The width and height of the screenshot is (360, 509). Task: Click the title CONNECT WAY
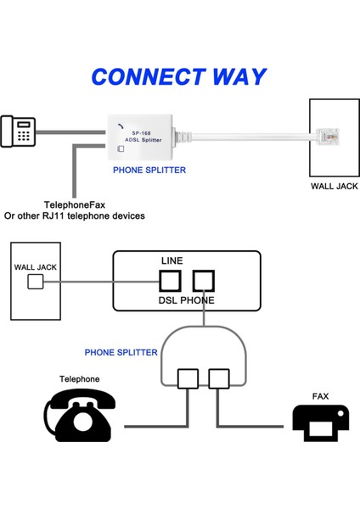(x=178, y=76)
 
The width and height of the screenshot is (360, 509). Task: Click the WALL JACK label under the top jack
(x=334, y=186)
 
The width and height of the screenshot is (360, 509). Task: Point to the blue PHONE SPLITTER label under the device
(x=149, y=171)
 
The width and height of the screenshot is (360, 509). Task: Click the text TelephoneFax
(x=75, y=204)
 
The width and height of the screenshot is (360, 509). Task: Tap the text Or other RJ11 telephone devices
(x=75, y=216)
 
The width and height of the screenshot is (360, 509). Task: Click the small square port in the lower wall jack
(x=36, y=282)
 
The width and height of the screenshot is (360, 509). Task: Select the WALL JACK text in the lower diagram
(x=36, y=267)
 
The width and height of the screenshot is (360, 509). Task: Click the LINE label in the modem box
(x=172, y=260)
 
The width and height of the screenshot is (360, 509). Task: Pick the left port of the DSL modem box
(x=171, y=281)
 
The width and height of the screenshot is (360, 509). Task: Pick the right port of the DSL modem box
(x=204, y=281)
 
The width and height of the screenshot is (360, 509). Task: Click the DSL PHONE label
(x=187, y=300)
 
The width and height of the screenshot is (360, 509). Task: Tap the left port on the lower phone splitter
(x=188, y=378)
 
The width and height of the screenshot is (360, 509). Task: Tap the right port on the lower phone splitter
(x=219, y=378)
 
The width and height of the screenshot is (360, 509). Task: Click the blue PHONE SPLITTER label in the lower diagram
(x=121, y=352)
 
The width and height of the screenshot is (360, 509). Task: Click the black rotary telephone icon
(x=80, y=415)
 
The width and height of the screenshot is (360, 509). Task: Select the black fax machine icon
(x=320, y=422)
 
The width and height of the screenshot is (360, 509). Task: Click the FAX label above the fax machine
(x=320, y=396)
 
